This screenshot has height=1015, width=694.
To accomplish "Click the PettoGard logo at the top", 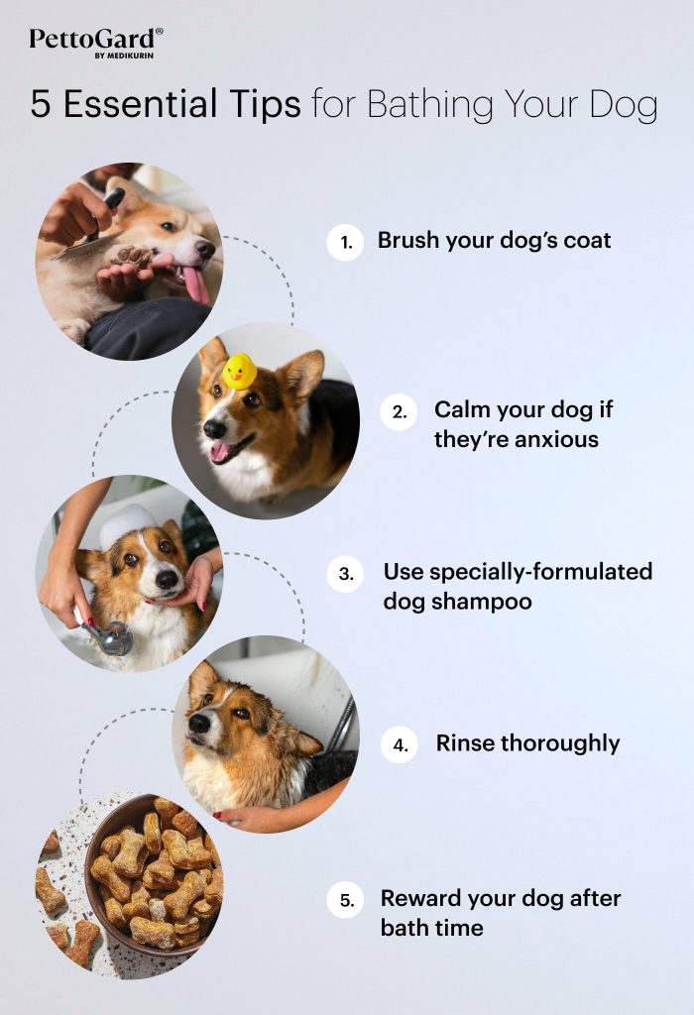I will pos(95,41).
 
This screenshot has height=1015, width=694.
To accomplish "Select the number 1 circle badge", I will pos(345,242).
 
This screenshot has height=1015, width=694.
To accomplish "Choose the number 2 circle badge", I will pos(399,412).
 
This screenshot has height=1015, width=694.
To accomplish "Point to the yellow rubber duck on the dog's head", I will pos(239,371).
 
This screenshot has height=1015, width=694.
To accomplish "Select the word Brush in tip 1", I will pos(407,241).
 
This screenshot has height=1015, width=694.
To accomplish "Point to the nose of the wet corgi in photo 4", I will pos(198,723).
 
